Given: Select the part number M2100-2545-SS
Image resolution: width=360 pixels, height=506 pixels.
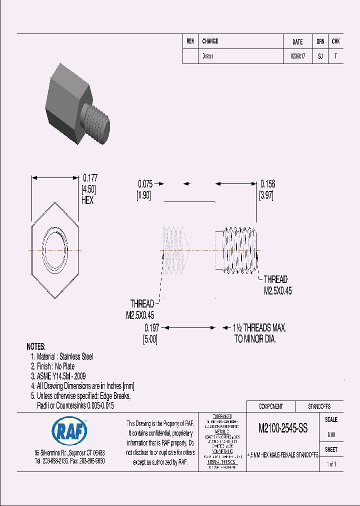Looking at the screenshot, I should click(282, 428).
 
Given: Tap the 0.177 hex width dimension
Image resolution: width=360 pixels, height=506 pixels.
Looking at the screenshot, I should click(90, 177).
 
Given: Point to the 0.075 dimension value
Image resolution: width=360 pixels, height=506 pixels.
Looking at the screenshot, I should click(145, 184).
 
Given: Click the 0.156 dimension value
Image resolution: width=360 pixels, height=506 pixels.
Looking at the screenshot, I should click(267, 184).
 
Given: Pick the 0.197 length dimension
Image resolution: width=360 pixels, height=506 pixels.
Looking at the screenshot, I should click(151, 328).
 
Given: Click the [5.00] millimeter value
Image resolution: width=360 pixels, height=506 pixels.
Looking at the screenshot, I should click(150, 338).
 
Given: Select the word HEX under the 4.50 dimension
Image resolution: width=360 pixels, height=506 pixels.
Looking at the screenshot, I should click(87, 200).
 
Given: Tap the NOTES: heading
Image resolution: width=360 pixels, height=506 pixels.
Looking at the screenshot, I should click(36, 346).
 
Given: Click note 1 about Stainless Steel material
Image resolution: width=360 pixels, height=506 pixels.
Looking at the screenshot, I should click(62, 356).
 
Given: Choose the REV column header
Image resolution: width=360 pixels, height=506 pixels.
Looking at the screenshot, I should click(190, 41).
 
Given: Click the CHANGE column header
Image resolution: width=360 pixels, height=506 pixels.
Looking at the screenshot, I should click(210, 41).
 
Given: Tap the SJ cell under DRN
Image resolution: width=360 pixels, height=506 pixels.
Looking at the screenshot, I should click(320, 56).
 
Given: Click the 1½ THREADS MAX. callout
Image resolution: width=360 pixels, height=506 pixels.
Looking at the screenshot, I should click(259, 328).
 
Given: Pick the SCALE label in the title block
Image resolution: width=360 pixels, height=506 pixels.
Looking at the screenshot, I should click(331, 420).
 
